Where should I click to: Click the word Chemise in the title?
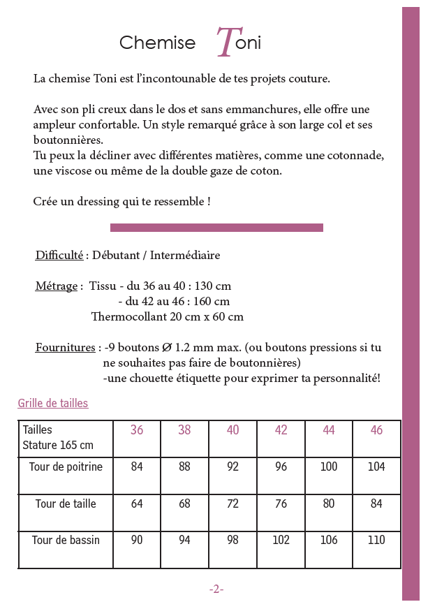pyautogui.click(x=157, y=43)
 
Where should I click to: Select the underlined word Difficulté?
pyautogui.click(x=59, y=256)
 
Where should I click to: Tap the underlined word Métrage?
pyautogui.click(x=57, y=286)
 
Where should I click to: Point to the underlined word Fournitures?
pyautogui.click(x=66, y=348)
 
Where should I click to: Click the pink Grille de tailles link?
pyautogui.click(x=53, y=404)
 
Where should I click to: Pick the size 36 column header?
pyautogui.click(x=137, y=430)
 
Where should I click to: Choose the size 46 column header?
pyautogui.click(x=376, y=430)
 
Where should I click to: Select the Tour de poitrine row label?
pyautogui.click(x=66, y=467)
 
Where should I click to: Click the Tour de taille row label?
pyautogui.click(x=66, y=504)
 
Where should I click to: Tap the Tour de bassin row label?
pyautogui.click(x=66, y=541)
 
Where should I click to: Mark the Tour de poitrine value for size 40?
pyautogui.click(x=233, y=467)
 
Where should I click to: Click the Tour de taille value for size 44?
pyautogui.click(x=329, y=504)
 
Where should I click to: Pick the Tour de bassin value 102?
pyautogui.click(x=281, y=541)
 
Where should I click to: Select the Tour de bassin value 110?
pyautogui.click(x=376, y=541)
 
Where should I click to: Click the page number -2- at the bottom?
pyautogui.click(x=216, y=589)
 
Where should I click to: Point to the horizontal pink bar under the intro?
pyautogui.click(x=216, y=228)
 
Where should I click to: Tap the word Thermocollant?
pyautogui.click(x=128, y=317)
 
